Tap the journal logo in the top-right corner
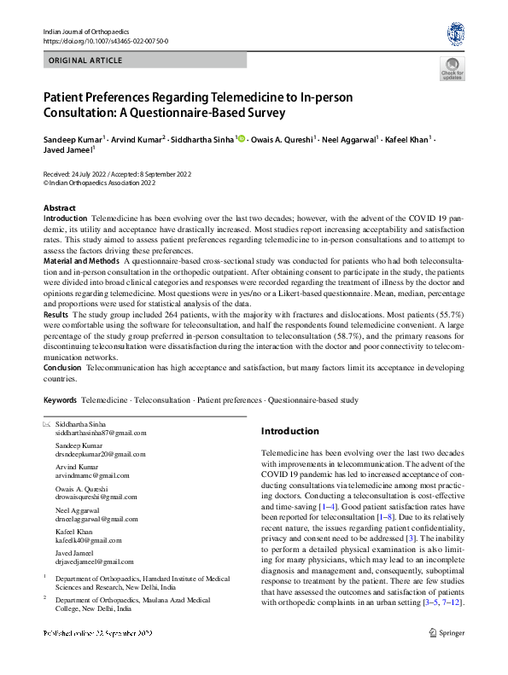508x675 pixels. [456, 34]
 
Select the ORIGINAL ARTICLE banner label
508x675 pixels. [86, 61]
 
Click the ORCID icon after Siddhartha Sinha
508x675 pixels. [240, 139]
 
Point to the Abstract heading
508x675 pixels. [59, 208]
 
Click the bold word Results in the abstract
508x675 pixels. [55, 316]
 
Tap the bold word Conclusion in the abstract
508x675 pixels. [61, 368]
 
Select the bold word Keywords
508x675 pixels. [60, 399]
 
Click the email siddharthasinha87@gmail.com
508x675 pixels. [95, 434]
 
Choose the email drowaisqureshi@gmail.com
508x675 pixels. [95, 495]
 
